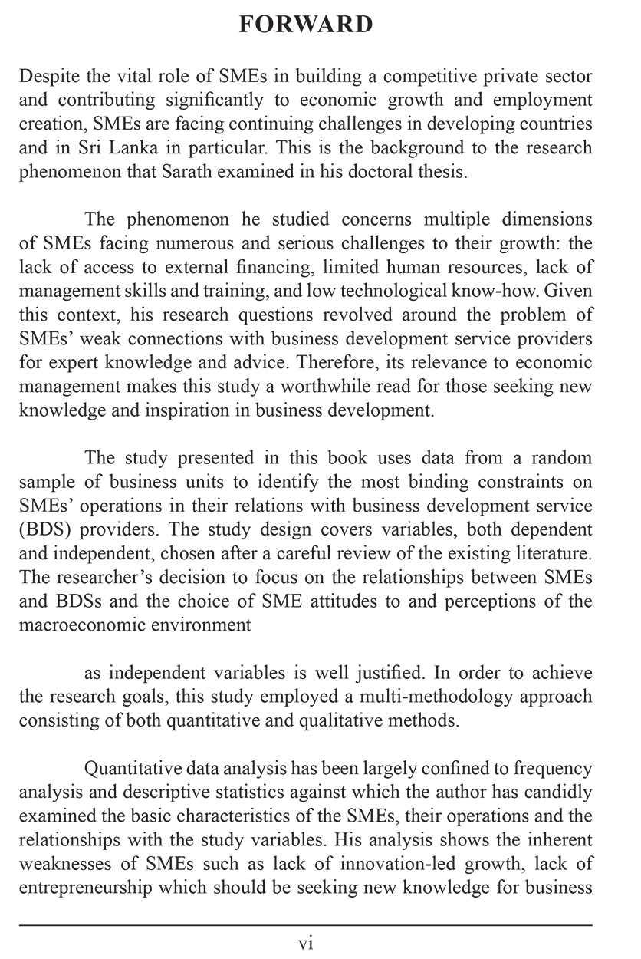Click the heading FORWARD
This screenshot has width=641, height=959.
coord(306,25)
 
